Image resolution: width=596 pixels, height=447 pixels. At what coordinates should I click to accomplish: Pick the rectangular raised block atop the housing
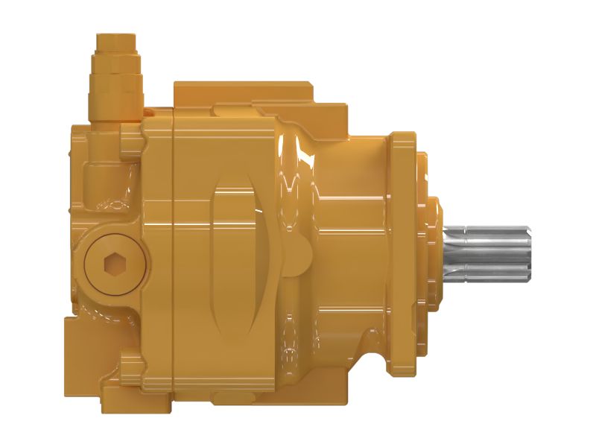[x=246, y=93]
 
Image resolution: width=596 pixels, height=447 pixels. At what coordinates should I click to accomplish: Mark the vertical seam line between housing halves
[x=173, y=253]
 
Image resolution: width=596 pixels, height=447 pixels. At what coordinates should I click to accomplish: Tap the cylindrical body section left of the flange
[x=350, y=253]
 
